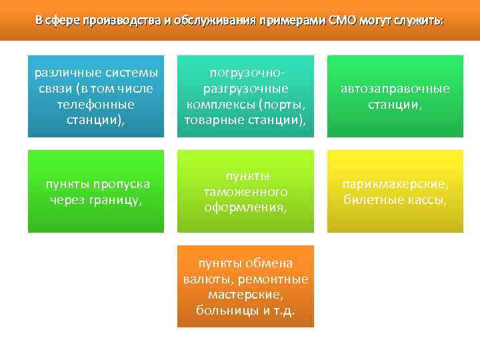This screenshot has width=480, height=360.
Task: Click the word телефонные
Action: click(x=96, y=104)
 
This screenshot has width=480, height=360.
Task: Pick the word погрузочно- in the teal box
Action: click(x=245, y=72)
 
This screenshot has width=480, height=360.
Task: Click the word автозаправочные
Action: click(x=395, y=88)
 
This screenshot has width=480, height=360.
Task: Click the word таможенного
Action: click(x=245, y=191)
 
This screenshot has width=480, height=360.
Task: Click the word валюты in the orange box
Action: click(x=205, y=279)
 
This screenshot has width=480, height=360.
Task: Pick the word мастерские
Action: click(x=244, y=295)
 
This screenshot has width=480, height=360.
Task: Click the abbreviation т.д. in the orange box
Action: click(x=282, y=311)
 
